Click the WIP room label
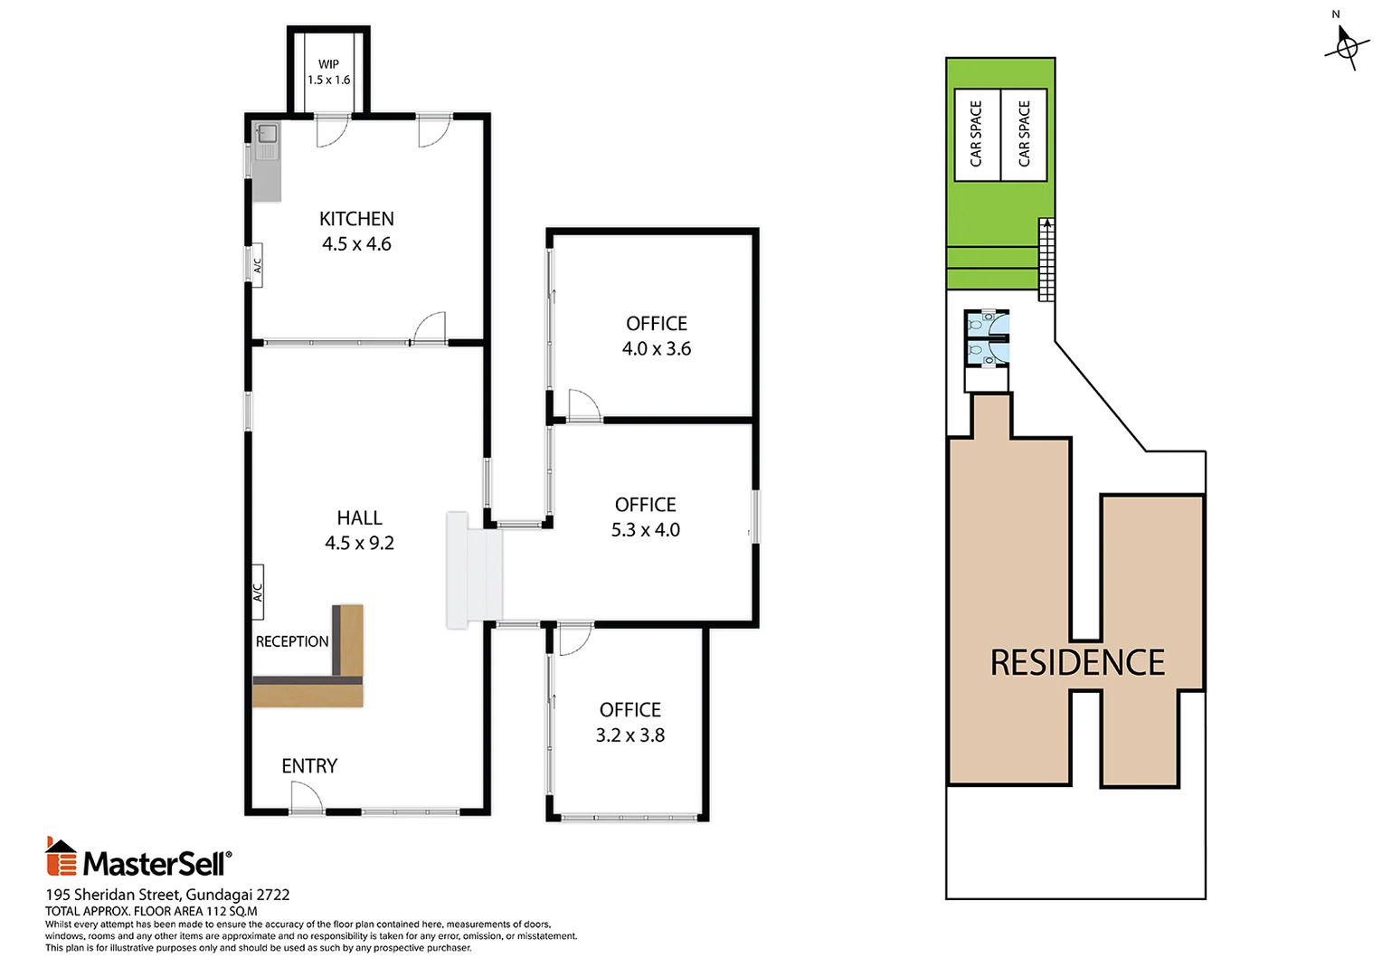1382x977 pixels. coord(328,63)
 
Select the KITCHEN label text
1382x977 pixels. coord(356,219)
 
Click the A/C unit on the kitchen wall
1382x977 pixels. coord(257,265)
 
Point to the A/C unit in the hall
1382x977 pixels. coord(257,592)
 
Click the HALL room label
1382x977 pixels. coord(359,517)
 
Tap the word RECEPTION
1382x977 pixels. coord(292,641)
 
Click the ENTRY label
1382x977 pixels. coord(309,766)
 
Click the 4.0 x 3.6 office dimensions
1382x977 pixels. coord(657,348)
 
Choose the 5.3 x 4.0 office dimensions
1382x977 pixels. coord(646,529)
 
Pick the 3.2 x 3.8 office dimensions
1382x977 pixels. coord(629,735)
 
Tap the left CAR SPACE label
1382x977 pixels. coord(975,134)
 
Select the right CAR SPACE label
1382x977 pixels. coord(1024,134)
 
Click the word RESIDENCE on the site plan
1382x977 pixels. coord(1077,662)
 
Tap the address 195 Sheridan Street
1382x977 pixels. coord(114,895)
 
